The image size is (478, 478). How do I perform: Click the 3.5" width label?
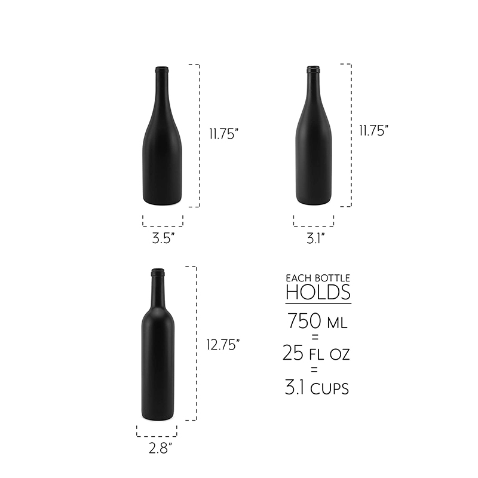(x=163, y=238)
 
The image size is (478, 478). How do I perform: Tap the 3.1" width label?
(x=315, y=238)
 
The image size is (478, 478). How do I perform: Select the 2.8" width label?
(x=160, y=448)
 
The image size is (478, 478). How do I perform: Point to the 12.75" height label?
(x=223, y=345)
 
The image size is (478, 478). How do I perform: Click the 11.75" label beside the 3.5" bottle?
(x=223, y=133)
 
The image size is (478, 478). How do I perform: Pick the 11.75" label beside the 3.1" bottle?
(x=374, y=130)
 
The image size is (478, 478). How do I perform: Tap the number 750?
(x=305, y=321)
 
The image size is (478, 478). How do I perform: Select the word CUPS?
(x=330, y=389)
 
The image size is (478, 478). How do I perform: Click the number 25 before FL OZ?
(x=293, y=353)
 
